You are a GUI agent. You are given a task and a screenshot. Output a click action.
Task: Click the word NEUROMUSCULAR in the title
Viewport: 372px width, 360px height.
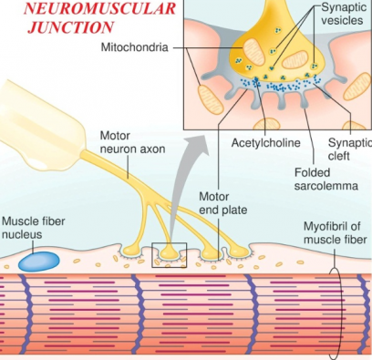(99, 8)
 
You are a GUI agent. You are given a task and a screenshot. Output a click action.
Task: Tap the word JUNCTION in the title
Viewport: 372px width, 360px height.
(70, 27)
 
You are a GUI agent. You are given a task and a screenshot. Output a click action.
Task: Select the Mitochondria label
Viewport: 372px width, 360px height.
(134, 47)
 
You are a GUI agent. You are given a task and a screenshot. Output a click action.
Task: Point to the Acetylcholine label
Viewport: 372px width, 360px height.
(265, 142)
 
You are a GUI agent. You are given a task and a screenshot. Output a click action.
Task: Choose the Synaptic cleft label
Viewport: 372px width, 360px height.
(349, 149)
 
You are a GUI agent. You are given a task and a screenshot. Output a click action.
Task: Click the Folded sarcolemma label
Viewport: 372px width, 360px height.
(325, 180)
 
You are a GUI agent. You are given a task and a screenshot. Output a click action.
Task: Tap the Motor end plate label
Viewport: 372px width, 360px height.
(222, 203)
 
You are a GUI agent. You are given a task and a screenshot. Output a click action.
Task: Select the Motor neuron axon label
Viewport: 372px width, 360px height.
(132, 142)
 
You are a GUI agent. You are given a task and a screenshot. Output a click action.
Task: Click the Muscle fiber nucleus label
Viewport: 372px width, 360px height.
(34, 228)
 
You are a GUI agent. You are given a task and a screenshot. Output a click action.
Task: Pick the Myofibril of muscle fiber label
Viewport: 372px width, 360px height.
(335, 232)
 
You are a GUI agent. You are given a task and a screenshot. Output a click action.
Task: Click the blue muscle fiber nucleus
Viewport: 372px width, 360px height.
(39, 262)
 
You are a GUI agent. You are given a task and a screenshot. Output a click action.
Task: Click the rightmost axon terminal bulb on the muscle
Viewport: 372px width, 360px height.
(239, 252)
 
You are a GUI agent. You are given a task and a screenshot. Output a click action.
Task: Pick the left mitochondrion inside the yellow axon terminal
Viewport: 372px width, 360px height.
(254, 52)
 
